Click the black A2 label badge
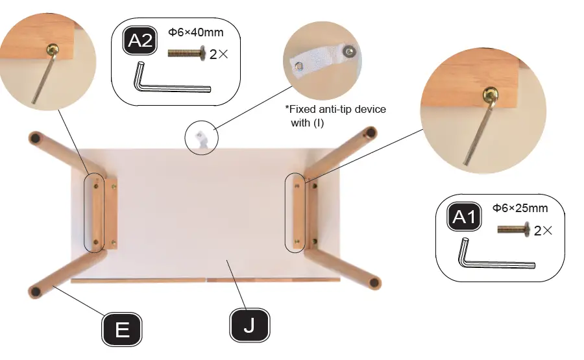point(140,42)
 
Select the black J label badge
point(249,326)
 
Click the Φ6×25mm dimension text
point(520,208)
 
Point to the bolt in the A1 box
point(514,229)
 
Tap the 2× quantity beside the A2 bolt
point(219,54)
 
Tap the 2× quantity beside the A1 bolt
point(543,230)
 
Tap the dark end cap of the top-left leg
point(36,138)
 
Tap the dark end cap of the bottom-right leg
point(374,283)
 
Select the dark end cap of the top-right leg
point(370,133)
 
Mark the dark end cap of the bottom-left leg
point(36,291)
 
